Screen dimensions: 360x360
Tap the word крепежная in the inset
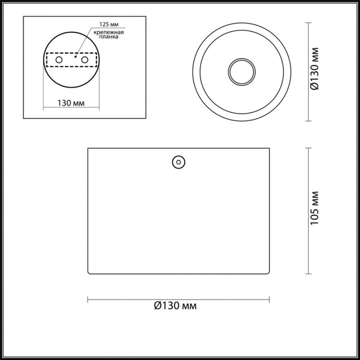[109, 32]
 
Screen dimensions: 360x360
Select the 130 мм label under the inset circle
[70, 102]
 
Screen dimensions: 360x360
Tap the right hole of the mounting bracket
[83, 61]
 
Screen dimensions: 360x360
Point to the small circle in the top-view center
[241, 71]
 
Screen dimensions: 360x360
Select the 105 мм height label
[314, 211]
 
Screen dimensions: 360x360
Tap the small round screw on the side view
[179, 162]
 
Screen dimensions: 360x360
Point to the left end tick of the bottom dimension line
[87, 299]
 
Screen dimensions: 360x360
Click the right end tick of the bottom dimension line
[269, 299]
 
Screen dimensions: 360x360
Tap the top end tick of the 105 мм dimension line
[308, 148]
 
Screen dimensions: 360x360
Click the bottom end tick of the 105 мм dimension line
[308, 273]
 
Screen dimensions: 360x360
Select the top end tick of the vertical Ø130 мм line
[308, 23]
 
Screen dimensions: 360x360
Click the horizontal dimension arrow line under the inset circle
[70, 110]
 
